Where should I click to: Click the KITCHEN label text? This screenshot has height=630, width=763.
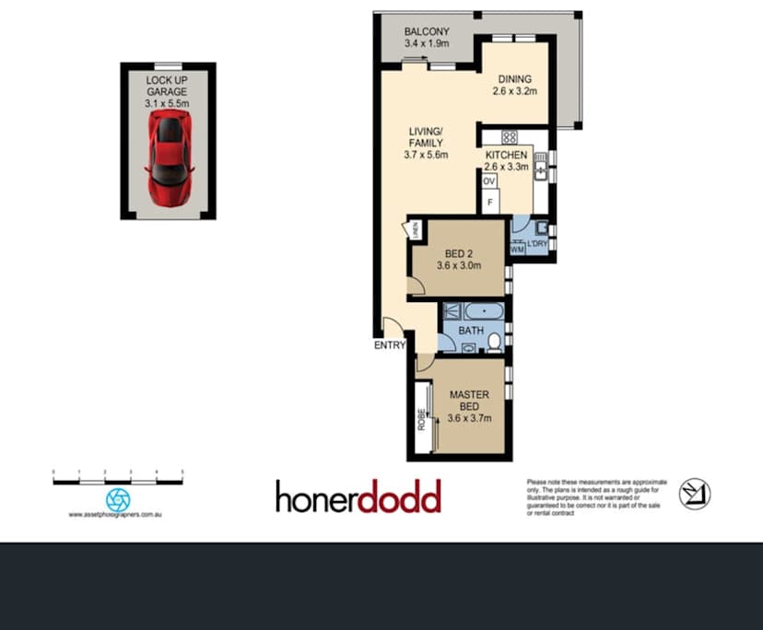507,161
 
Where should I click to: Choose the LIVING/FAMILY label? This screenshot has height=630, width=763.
426,148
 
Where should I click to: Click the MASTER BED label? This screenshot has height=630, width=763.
469,405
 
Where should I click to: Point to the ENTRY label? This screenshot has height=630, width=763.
390,346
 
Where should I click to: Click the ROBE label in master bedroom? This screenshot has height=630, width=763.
421,420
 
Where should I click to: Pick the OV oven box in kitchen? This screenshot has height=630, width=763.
489,181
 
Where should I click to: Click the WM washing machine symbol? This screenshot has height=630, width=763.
517,247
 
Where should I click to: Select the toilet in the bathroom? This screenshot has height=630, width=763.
494,344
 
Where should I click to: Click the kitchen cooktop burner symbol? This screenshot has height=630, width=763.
509,138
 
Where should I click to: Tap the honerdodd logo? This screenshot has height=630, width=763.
358,496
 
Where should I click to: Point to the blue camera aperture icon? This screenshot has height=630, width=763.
118,498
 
